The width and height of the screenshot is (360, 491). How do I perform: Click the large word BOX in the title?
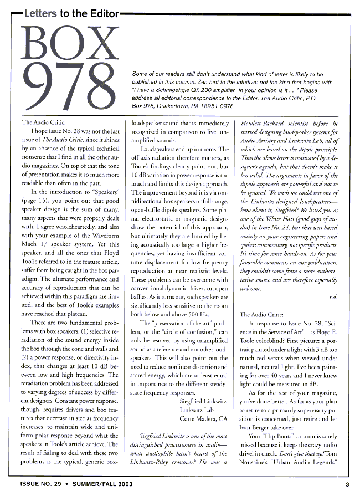point(60,39)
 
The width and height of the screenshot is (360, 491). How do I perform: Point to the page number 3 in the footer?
point(347,484)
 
